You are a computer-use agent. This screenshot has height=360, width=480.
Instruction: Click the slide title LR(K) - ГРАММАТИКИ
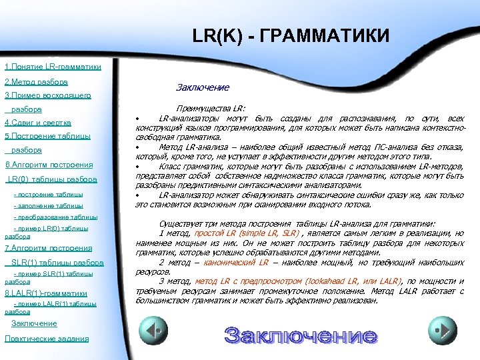click(x=290, y=35)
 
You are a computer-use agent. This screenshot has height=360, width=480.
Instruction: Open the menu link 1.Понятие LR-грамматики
click(x=53, y=67)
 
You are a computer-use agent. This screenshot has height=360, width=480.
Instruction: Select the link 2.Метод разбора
click(x=36, y=82)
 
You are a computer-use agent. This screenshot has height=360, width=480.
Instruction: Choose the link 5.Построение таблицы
click(x=47, y=137)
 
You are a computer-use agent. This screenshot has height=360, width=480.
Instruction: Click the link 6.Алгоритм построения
click(x=49, y=165)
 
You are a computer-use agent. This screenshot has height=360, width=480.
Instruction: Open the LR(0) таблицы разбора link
click(x=52, y=179)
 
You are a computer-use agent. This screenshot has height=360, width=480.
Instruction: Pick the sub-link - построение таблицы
click(x=49, y=195)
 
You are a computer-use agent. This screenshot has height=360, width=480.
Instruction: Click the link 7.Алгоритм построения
click(x=49, y=248)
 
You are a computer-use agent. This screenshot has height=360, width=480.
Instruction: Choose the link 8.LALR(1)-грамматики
click(x=46, y=293)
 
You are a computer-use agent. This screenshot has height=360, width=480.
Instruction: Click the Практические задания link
click(x=47, y=339)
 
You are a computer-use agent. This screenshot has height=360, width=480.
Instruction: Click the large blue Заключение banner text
click(x=301, y=335)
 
